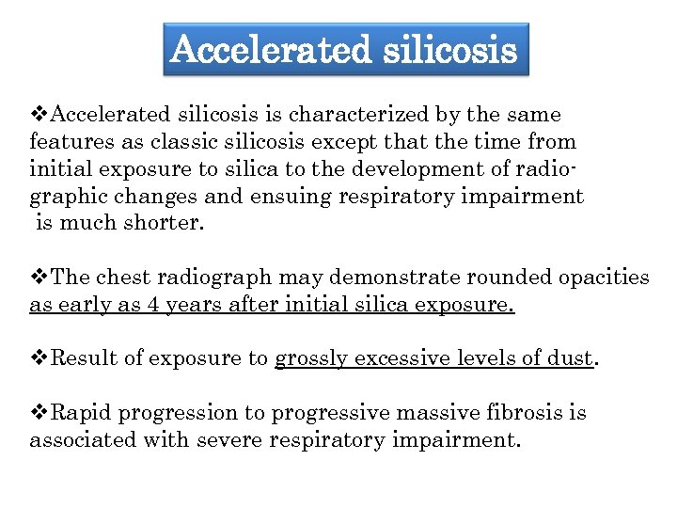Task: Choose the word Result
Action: (x=83, y=358)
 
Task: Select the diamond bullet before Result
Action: (x=39, y=358)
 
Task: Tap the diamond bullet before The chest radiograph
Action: (x=39, y=278)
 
